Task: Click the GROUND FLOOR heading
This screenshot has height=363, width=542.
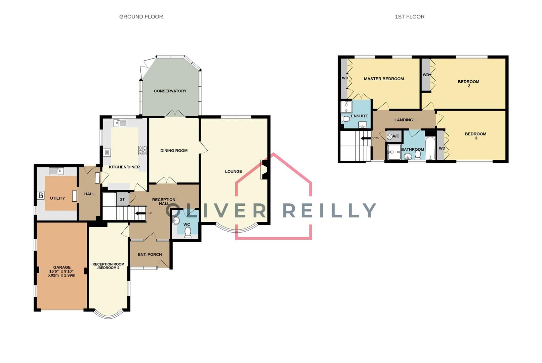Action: (141, 16)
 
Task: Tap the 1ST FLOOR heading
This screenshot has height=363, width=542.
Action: (409, 16)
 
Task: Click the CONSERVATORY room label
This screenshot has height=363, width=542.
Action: (170, 91)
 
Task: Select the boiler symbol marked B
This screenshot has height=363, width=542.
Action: (41, 195)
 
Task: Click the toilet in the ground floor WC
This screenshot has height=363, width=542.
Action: (188, 232)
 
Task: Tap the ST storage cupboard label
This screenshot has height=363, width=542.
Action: (122, 199)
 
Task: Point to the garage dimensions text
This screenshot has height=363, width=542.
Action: (61, 273)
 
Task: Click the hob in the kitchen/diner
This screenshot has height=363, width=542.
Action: (143, 150)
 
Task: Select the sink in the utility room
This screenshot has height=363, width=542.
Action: (56, 171)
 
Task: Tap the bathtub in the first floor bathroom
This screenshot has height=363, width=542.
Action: (430, 148)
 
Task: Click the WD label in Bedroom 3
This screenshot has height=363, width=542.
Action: (442, 148)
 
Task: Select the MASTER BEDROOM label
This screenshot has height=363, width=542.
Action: (384, 79)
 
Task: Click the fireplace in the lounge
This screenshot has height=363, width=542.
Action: (264, 170)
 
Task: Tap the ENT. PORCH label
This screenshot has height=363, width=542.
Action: (150, 254)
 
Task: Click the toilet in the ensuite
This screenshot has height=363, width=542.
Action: (345, 119)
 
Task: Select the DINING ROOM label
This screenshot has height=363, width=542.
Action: (174, 151)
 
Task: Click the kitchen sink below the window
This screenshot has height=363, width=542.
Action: (120, 123)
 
